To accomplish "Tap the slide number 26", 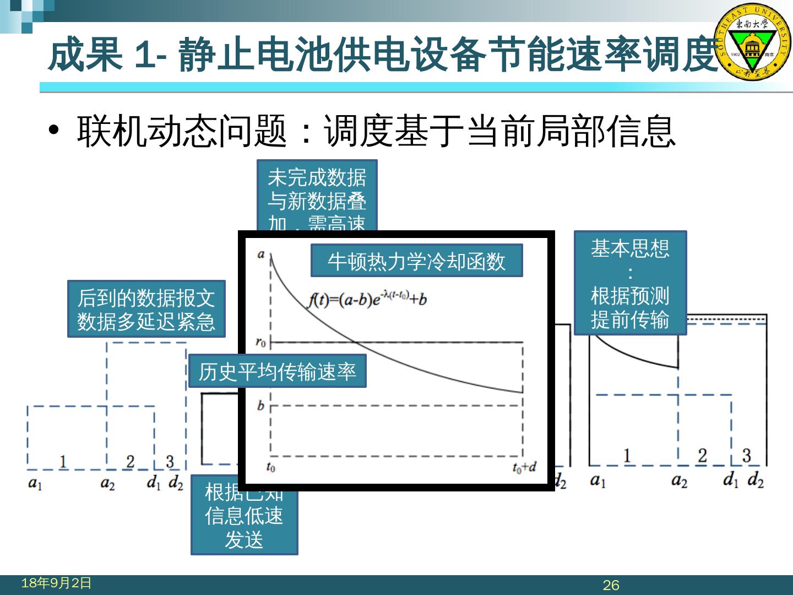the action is (611, 585).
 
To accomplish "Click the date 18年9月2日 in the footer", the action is (56, 583).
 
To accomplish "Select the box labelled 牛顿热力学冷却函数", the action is (416, 261).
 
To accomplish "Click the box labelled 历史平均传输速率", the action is (277, 372).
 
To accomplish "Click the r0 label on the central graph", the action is (261, 342).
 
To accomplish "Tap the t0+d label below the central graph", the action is (524, 468).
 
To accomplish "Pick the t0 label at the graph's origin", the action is (270, 468).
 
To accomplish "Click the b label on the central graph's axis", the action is (260, 406).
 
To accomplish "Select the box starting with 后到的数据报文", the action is (146, 309).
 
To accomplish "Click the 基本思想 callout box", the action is (630, 283).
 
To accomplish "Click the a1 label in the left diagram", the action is (35, 484).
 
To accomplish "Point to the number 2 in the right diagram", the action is (702, 456).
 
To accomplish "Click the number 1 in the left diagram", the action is (63, 461).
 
